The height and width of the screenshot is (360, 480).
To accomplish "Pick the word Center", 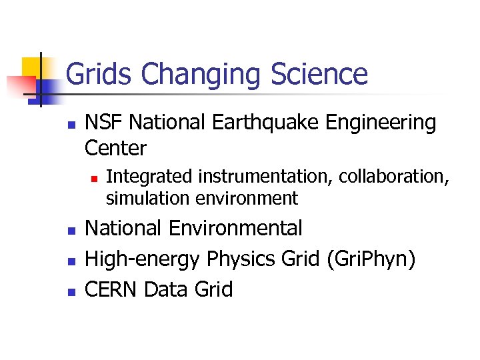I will (x=115, y=147).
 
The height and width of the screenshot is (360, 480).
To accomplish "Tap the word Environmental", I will (x=235, y=228).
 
